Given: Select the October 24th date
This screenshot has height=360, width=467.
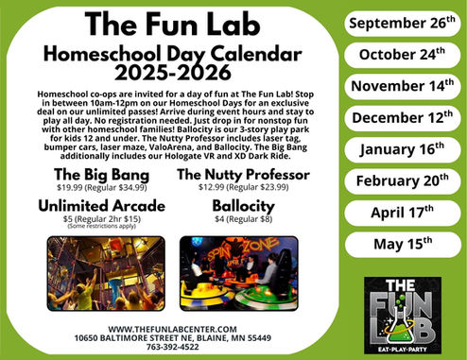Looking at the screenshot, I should pos(403,56).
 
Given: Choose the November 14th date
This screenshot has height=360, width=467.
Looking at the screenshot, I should pos(403,87).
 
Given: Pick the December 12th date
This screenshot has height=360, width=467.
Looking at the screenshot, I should pos(403,118).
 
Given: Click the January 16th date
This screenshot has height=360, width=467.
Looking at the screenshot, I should pos(403,149).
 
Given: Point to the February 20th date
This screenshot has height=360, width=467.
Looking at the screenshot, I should pos(403,181).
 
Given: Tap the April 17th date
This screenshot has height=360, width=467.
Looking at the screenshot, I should pos(403,214).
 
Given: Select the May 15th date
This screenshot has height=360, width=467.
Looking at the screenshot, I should pos(403,245).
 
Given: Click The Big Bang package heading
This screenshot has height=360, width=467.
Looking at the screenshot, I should pos(94,174).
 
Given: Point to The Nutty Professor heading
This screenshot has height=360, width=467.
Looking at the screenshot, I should pos(230,174).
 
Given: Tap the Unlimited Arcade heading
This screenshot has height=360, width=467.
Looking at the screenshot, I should pos(94,205).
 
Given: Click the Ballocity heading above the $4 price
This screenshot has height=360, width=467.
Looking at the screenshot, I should pos(230,205).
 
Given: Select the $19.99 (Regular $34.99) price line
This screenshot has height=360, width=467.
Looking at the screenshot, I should pos(94,187).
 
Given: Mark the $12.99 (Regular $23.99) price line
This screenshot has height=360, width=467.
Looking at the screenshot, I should pos(230,187).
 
